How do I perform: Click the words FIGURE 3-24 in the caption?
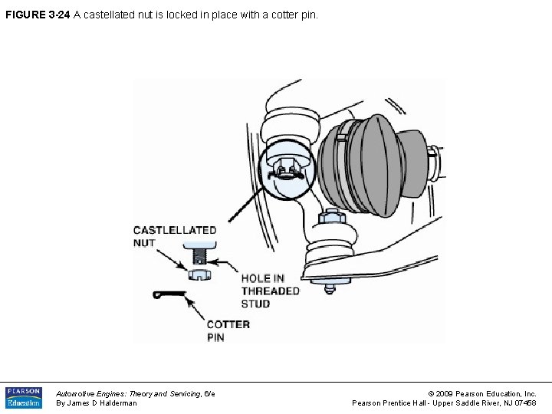(37, 14)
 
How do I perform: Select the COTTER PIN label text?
(228, 330)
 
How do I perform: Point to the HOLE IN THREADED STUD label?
(270, 291)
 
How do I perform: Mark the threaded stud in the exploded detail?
(200, 254)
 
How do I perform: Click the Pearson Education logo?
(24, 397)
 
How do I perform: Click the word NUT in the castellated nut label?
(144, 243)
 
